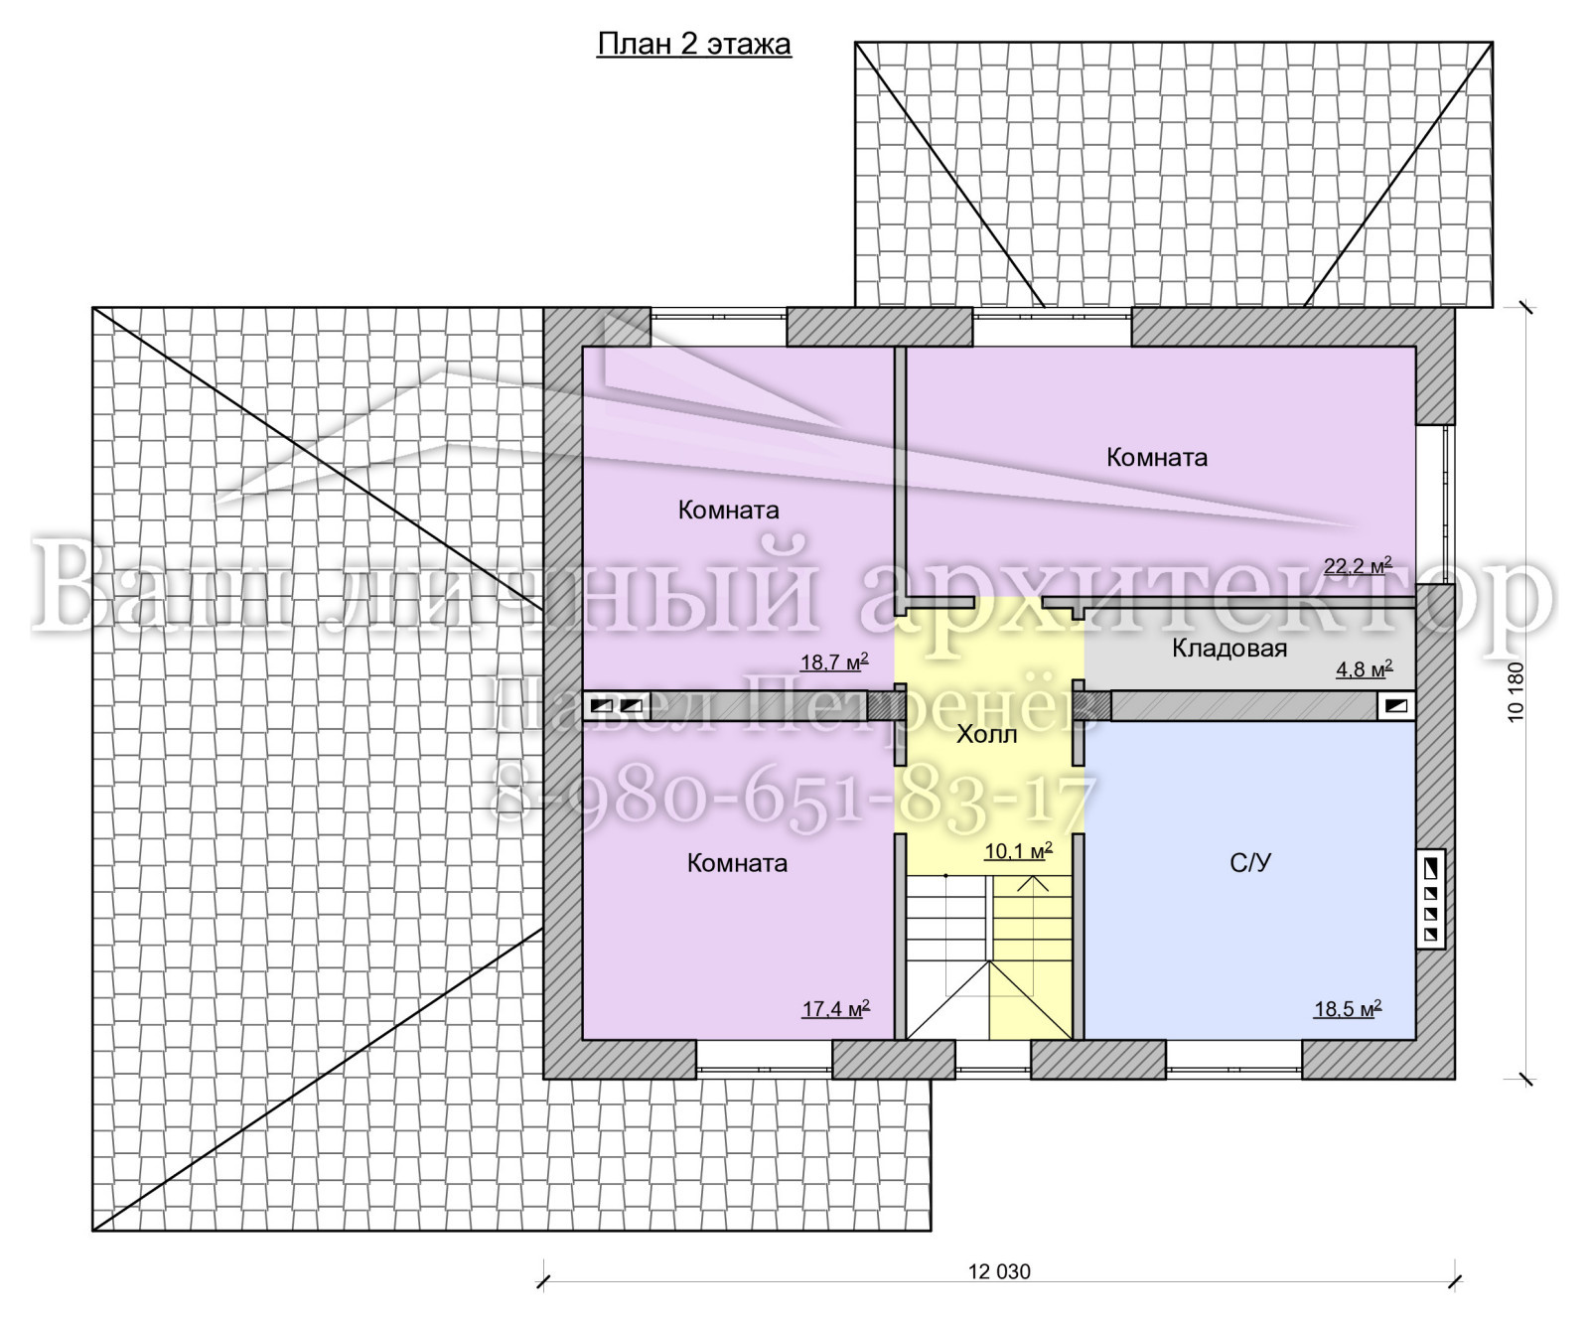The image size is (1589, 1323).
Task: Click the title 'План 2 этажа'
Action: click(x=693, y=45)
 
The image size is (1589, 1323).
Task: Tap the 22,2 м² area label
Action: click(x=1358, y=566)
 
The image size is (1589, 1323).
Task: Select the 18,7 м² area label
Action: click(x=835, y=661)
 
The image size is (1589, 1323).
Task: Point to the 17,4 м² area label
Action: click(x=836, y=1008)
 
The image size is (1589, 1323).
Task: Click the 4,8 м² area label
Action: click(x=1365, y=668)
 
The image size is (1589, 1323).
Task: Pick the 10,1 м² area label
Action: click(x=1018, y=851)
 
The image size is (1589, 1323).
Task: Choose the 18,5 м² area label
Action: click(x=1348, y=1009)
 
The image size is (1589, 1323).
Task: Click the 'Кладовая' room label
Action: click(x=1229, y=649)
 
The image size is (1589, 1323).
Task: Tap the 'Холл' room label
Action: click(x=986, y=735)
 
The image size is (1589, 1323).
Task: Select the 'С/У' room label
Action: click(x=1249, y=863)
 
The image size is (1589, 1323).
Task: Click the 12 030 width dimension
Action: click(x=999, y=1271)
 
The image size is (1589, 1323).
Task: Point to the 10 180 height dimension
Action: click(x=1516, y=692)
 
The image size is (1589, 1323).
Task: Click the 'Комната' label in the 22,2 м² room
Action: click(x=1157, y=458)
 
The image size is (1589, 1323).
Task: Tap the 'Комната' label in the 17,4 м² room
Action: click(x=737, y=863)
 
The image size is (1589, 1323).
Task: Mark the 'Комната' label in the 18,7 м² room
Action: click(x=728, y=511)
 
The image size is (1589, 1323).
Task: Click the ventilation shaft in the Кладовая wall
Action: click(x=1395, y=706)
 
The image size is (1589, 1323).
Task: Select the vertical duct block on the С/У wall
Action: click(x=1430, y=900)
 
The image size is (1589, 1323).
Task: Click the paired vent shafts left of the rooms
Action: click(x=617, y=706)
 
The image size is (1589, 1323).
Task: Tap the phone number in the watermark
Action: click(x=792, y=796)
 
